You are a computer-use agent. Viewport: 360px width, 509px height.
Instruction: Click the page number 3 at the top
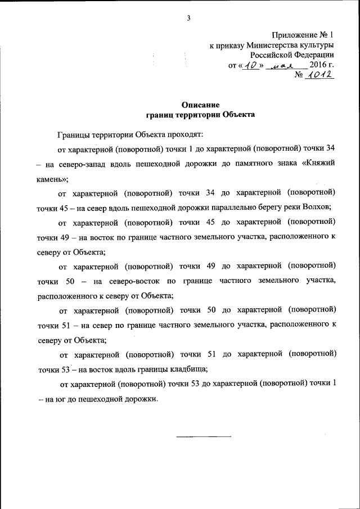[189, 18]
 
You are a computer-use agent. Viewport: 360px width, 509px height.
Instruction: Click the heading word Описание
[196, 105]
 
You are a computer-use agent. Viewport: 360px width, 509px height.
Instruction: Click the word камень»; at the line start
[52, 180]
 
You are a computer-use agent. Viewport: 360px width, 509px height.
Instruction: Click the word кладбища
[187, 370]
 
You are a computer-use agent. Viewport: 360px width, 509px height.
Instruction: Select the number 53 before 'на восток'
[65, 370]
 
